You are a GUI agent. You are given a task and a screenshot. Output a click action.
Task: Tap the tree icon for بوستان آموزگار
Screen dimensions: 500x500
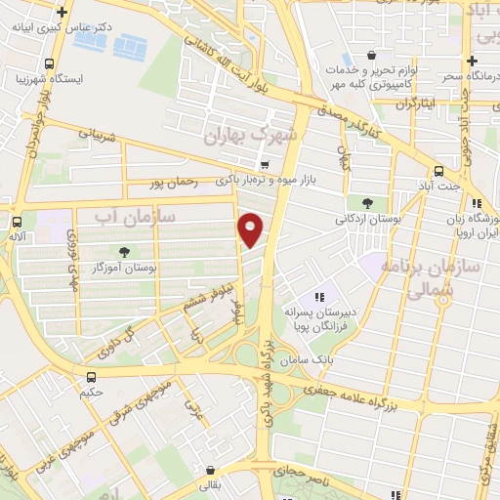124,252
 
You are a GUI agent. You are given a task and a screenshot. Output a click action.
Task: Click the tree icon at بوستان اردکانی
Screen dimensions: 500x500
367,203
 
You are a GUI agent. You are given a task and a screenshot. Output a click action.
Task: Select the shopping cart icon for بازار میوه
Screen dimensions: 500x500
264,164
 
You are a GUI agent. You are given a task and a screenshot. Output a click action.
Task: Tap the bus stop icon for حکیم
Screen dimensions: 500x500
91,377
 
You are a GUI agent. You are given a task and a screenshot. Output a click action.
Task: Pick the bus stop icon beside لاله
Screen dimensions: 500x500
17,221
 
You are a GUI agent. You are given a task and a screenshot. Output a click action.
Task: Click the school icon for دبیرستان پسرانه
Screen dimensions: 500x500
318,297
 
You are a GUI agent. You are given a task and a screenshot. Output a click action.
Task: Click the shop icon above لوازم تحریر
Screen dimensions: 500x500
370,56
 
